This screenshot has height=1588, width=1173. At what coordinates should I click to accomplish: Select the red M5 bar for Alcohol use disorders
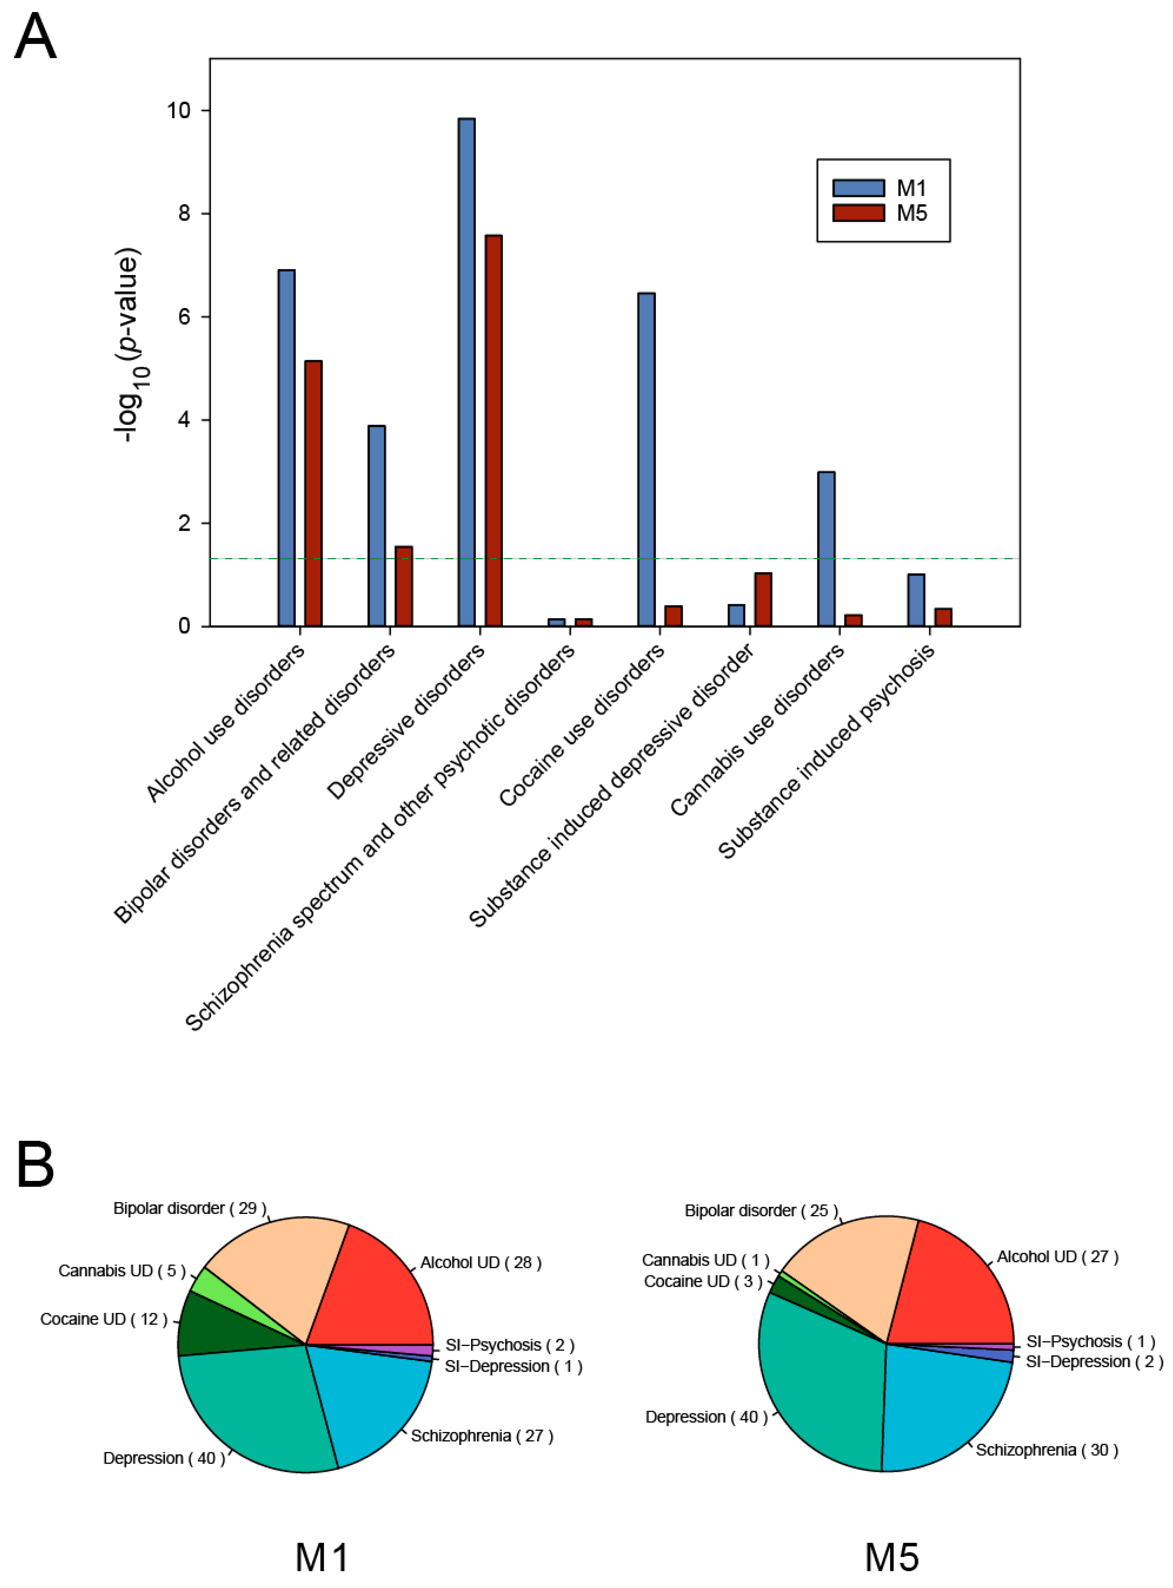pyautogui.click(x=313, y=493)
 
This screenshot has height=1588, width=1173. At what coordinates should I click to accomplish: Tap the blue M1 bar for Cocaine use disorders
pyautogui.click(x=646, y=459)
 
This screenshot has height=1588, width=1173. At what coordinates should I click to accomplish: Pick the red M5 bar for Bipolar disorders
pyautogui.click(x=403, y=586)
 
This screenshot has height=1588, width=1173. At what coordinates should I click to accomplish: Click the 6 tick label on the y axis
pyautogui.click(x=184, y=317)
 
